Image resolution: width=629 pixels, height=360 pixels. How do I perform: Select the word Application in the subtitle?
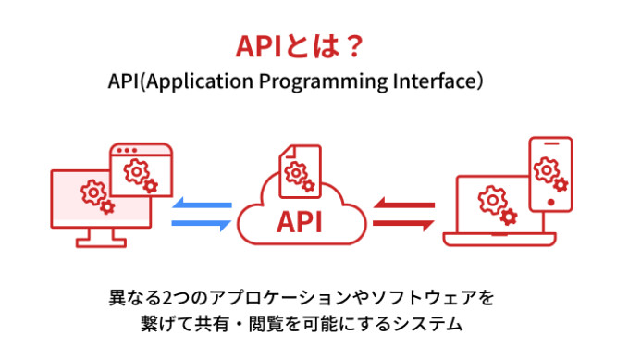point(189,81)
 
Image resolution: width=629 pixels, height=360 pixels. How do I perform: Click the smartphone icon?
point(550,176)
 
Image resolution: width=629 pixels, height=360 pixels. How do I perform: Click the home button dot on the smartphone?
point(550,202)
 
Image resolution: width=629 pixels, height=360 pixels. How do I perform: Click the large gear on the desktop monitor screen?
point(92,192)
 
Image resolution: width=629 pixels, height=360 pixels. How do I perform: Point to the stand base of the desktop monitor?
point(100,243)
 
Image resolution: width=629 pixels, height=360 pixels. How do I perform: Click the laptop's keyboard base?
point(499,240)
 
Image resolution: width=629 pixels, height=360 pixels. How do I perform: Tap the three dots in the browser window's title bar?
point(124,150)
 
